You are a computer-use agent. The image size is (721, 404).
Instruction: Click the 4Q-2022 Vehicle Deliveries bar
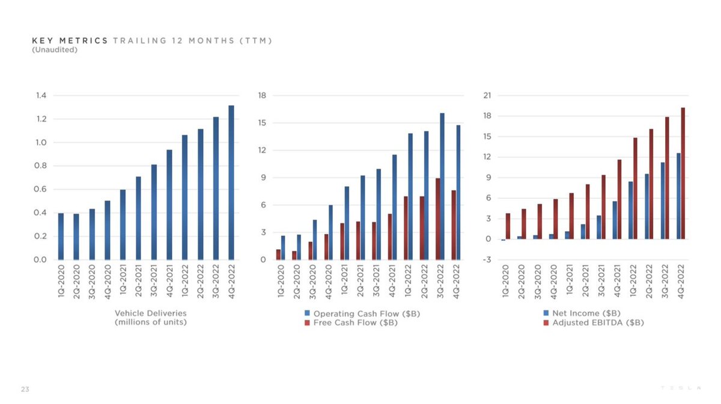coord(231,182)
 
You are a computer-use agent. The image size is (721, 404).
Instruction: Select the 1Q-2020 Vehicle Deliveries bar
coord(61,237)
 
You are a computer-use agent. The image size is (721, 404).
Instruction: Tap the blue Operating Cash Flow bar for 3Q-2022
coord(443,186)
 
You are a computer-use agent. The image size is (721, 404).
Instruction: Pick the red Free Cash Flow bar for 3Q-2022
coord(438,219)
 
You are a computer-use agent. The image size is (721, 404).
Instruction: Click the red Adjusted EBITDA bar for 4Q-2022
coord(683,173)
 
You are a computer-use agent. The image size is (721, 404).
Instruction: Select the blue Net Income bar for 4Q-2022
coord(678,196)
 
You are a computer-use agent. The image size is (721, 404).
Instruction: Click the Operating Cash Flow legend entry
coord(351,313)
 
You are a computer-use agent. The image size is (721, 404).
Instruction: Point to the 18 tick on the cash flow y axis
coord(263,95)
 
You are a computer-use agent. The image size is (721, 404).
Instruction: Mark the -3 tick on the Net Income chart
coord(488,260)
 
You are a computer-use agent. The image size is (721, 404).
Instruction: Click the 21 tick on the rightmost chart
coord(488,95)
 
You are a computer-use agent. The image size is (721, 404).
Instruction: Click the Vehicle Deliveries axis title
coord(150,318)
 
